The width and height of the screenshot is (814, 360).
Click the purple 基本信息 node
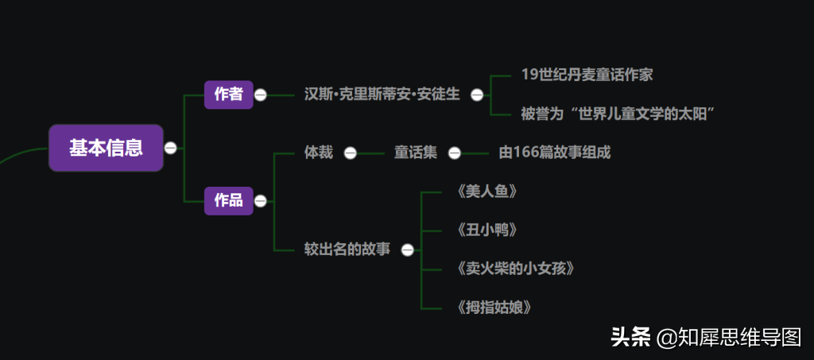pos(106,148)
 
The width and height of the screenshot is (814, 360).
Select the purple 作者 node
pos(228,95)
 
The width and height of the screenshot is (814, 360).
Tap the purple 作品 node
pos(228,200)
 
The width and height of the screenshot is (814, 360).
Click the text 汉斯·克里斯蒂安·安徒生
pos(382,95)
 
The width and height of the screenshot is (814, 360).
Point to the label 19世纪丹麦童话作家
pos(587,75)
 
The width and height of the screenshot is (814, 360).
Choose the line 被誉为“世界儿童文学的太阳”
pos(618,114)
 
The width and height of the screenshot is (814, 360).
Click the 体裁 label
pos(319,153)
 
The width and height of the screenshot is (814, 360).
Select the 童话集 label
pos(416,153)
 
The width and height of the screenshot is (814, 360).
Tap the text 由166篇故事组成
pos(555,153)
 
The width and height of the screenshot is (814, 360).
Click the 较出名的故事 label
pos(347,250)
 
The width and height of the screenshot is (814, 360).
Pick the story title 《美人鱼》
pos(487,192)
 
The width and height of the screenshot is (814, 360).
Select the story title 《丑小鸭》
pos(487,230)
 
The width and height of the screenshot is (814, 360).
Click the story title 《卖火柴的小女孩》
pos(516,269)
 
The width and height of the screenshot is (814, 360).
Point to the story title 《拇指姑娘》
pos(494,307)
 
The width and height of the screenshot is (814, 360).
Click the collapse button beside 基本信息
pos(170,148)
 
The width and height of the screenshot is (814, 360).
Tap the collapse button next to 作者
pos(261,95)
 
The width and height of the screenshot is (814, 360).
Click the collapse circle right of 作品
pos(261,201)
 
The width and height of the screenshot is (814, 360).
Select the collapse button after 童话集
pos(454,153)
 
